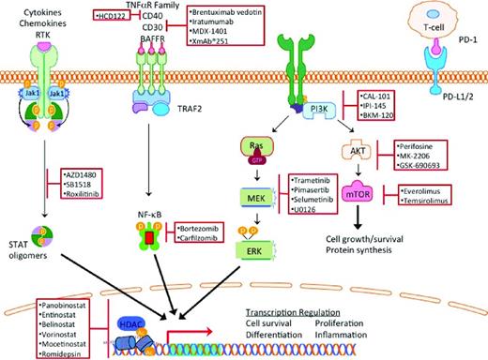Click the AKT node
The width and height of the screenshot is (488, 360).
pos(348,148)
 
